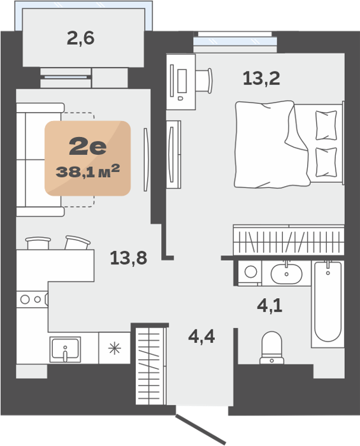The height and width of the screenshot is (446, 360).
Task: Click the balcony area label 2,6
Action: tap(80, 38)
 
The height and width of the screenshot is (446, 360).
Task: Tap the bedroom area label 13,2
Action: tap(261, 78)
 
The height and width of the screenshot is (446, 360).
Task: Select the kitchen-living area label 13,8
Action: tap(129, 258)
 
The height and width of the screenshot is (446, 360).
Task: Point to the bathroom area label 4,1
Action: tap(270, 306)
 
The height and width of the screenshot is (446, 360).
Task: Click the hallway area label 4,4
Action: tap(201, 337)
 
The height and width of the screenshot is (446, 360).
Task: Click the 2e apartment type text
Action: tap(88, 146)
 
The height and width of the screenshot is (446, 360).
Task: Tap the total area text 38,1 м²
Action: tap(87, 171)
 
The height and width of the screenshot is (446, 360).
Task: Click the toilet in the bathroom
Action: tap(272, 348)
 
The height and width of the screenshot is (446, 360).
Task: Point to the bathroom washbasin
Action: tap(286, 273)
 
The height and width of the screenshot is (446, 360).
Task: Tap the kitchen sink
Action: tap(65, 349)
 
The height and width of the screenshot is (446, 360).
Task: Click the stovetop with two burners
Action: tap(32, 299)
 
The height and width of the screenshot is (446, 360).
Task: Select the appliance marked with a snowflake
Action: tap(115, 348)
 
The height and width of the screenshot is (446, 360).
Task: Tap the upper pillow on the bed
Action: tap(326, 125)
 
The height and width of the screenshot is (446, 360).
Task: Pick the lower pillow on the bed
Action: tap(326, 162)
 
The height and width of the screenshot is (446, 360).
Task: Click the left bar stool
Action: tap(38, 243)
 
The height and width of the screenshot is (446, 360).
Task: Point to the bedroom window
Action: tap(235, 41)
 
